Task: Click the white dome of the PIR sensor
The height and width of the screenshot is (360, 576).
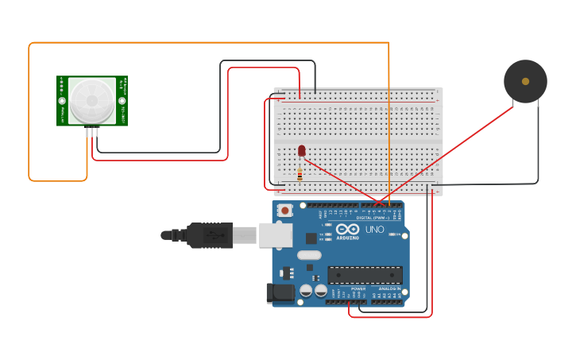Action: tap(91, 100)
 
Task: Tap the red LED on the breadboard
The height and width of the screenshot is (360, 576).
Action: tap(302, 150)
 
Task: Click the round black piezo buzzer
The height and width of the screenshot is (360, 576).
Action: tap(525, 81)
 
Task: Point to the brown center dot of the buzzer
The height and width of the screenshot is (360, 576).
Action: tap(525, 81)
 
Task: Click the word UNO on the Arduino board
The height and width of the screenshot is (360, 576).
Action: tap(374, 230)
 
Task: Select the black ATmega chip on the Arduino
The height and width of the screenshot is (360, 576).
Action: tap(365, 275)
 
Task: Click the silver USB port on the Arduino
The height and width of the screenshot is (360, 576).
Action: tap(273, 234)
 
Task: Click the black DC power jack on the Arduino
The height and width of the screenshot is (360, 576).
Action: tap(280, 292)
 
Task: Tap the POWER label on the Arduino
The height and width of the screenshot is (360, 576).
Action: tap(347, 288)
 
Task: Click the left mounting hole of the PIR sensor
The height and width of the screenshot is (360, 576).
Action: tap(62, 100)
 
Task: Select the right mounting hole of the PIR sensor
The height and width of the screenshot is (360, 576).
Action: tap(122, 100)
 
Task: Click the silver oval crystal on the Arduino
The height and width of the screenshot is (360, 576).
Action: tap(310, 256)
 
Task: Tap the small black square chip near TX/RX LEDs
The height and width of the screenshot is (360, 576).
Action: tap(311, 237)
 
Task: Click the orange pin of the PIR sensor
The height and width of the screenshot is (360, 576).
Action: tap(87, 132)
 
